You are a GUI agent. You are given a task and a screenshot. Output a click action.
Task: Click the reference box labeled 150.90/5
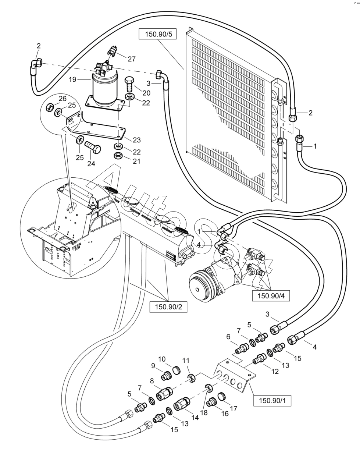click(158, 35)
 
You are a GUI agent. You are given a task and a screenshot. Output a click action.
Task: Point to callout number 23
click(136, 140)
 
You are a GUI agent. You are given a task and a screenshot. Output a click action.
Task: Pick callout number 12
click(275, 372)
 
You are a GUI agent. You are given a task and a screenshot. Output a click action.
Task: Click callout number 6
click(228, 337)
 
